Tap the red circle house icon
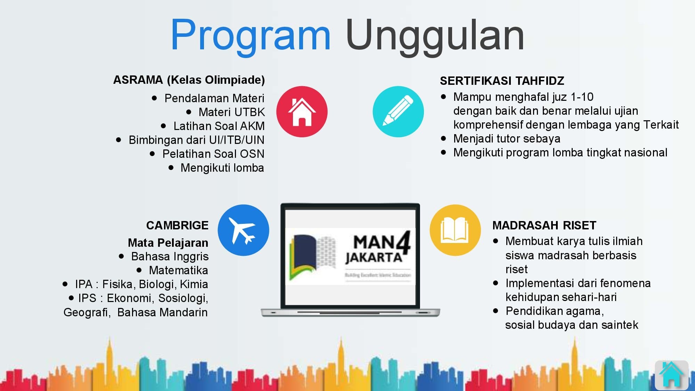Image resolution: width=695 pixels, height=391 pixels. [302, 112]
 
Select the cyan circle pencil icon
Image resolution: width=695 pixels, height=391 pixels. [398, 112]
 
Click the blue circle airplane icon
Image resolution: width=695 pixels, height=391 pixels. [243, 230]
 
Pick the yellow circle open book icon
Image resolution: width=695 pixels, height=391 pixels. [455, 230]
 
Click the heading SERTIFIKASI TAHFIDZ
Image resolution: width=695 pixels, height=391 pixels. [502, 81]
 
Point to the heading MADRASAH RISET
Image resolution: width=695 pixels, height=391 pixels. [544, 226]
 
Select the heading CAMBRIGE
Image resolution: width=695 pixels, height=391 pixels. [177, 226]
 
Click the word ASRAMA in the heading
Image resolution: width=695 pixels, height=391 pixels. [138, 80]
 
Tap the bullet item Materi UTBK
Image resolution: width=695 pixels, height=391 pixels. [231, 112]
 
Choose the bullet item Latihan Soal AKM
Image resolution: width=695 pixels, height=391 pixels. [219, 126]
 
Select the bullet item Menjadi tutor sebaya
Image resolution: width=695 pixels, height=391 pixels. [507, 139]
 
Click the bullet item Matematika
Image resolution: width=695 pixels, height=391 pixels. [178, 270]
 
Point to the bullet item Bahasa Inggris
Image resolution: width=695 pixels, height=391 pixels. [170, 256]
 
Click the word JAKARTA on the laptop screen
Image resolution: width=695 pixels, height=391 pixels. [374, 258]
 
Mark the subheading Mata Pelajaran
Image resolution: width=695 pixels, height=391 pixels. [168, 243]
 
